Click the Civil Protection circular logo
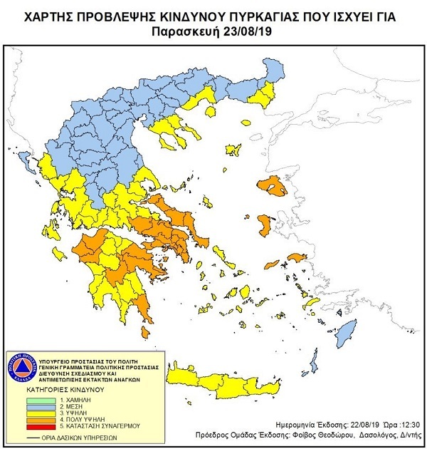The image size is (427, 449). pos(24,368)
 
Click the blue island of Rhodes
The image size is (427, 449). pos(346,331)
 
